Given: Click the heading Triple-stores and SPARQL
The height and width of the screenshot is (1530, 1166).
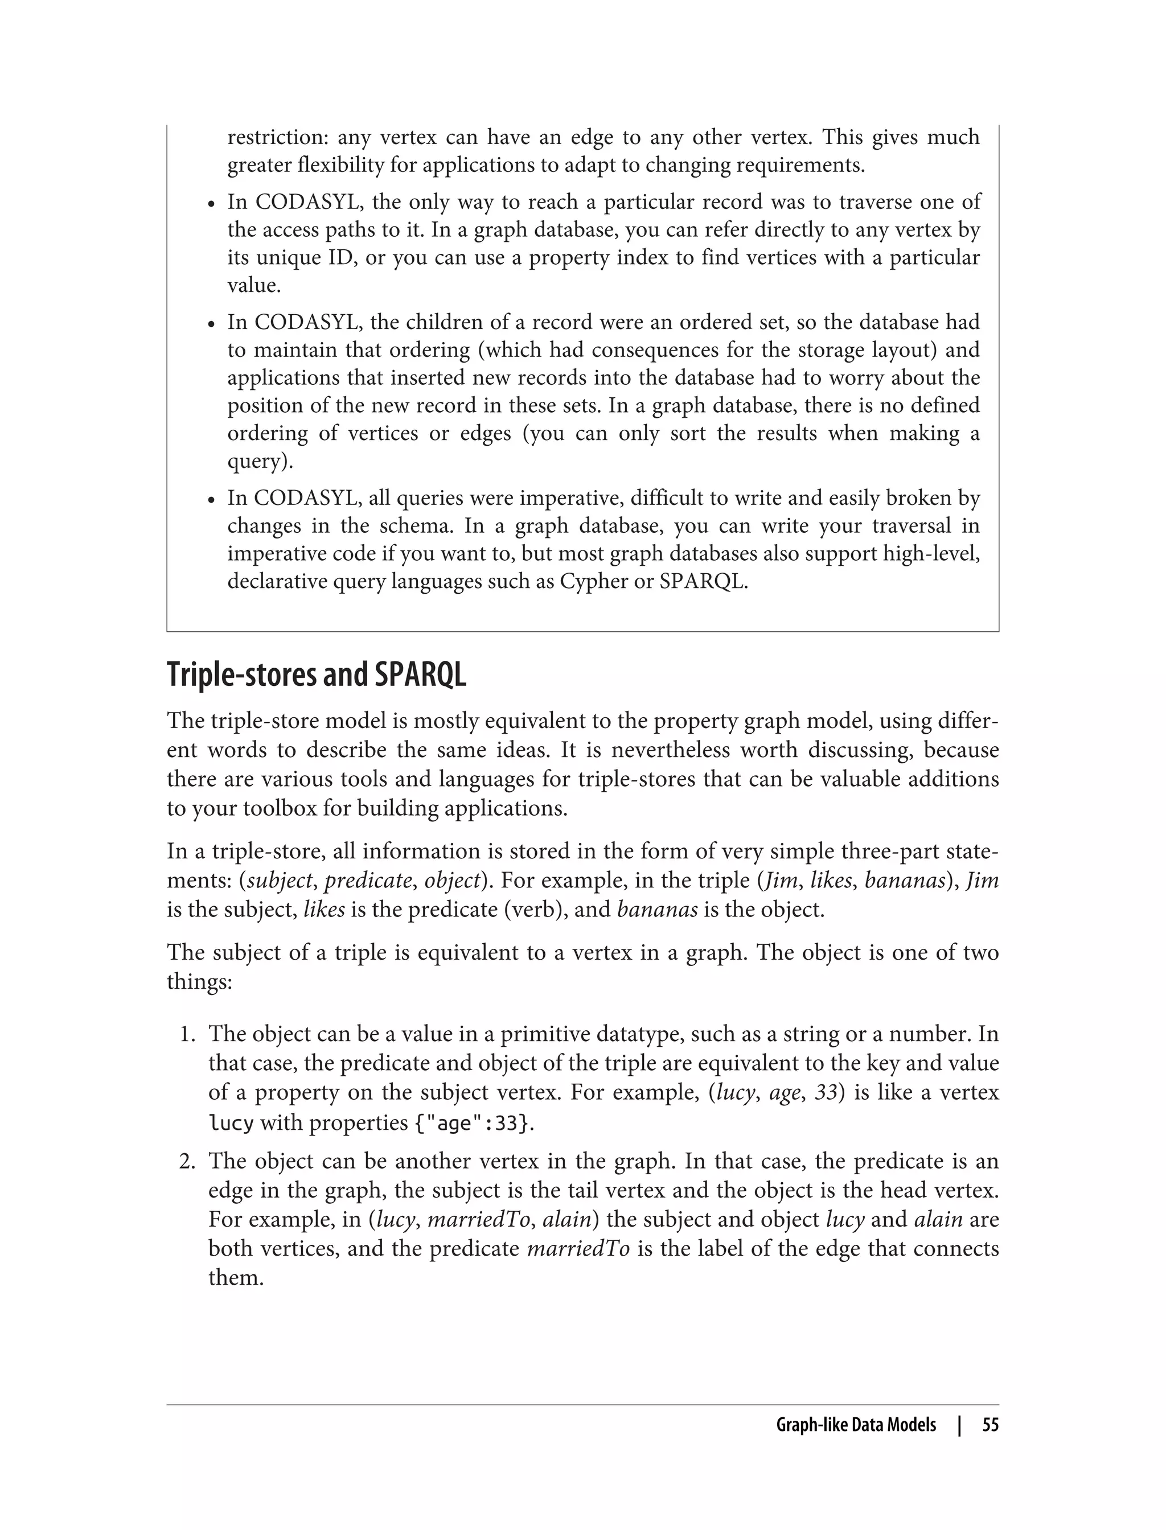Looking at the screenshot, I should coord(317,675).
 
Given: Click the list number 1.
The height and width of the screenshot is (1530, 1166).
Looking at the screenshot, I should coord(186,1035).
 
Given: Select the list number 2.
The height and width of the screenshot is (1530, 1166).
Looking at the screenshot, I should coord(186,1162).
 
